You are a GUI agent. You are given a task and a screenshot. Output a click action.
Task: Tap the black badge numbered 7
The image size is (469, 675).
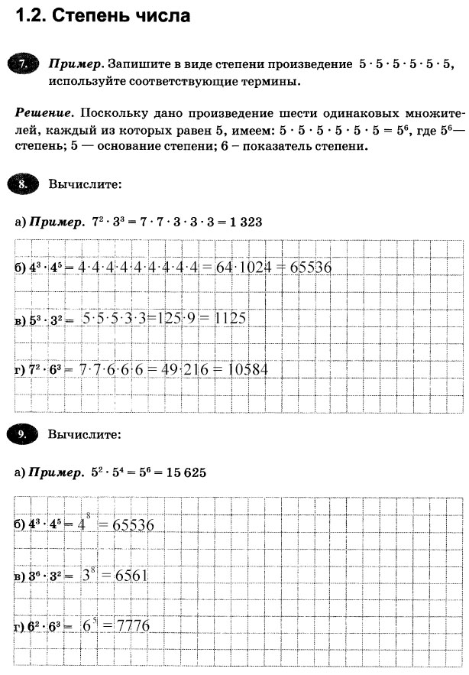point(24,65)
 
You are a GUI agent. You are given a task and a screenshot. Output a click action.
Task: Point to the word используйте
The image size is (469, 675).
point(85,81)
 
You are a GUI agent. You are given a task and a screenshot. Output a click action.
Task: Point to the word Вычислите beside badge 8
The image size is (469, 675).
point(84,184)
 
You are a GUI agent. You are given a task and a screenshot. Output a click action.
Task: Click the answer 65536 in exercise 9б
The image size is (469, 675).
point(133,525)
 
